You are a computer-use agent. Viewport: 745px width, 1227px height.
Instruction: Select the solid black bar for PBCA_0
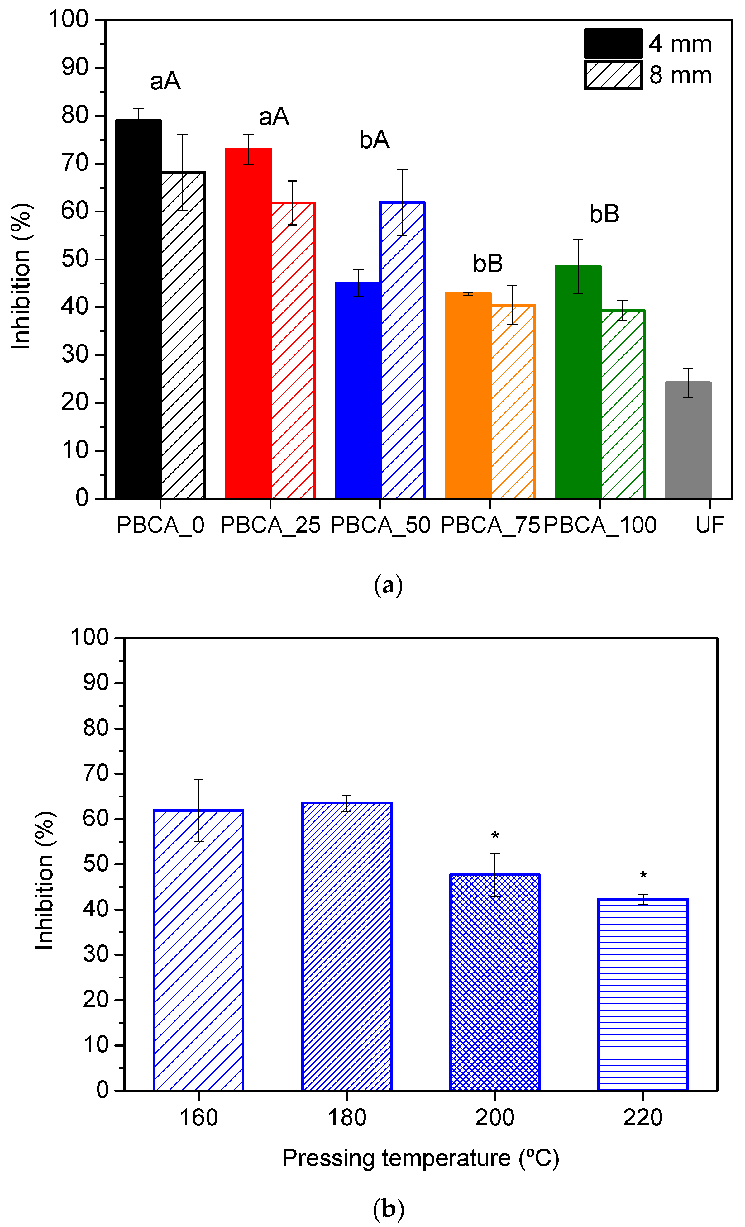(138, 309)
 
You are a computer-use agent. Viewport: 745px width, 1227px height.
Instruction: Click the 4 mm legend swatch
(613, 44)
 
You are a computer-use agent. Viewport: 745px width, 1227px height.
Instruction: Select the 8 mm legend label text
(680, 75)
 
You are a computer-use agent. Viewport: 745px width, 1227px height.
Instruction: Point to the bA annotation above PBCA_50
(374, 140)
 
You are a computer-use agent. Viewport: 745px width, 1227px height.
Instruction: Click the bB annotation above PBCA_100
(604, 214)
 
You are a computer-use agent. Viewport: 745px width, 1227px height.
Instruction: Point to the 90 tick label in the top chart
(75, 67)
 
